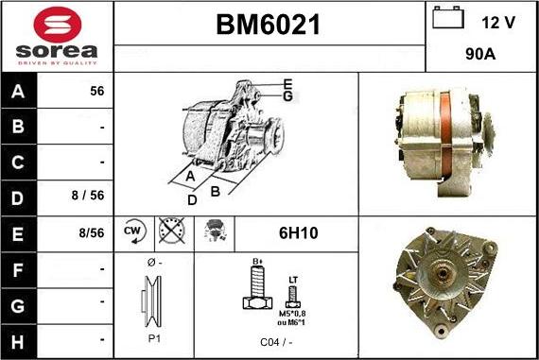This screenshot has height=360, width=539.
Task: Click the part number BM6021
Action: coord(269,26)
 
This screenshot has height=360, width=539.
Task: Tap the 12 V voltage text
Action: coord(496,21)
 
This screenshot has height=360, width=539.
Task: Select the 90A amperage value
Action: coord(480,55)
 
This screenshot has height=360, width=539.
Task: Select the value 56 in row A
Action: coord(96,92)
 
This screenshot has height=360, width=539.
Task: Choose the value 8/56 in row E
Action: coord(92,232)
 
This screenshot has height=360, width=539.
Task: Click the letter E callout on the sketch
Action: coord(287,84)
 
